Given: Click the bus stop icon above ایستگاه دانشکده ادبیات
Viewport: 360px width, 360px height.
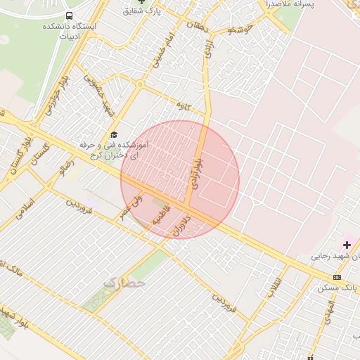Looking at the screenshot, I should point(69,15).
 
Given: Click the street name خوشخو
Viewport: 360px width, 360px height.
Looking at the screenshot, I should point(241,30).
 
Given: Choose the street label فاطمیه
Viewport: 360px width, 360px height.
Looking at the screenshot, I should point(163,220).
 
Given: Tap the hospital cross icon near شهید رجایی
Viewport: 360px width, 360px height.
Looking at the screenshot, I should point(347,245).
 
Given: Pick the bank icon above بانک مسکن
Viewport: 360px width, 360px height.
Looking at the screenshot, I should point(337,277).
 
